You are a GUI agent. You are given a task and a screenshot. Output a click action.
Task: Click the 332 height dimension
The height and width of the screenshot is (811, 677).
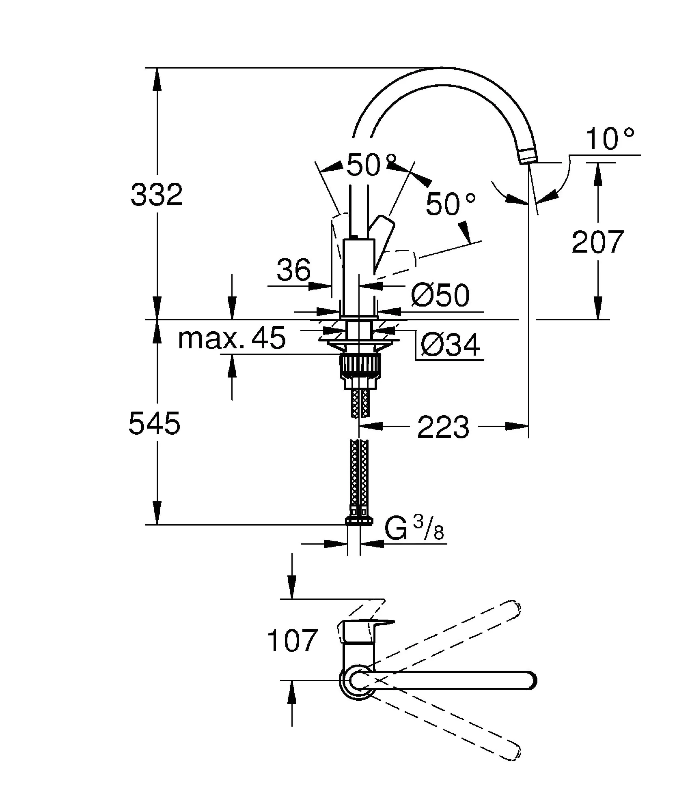point(157,195)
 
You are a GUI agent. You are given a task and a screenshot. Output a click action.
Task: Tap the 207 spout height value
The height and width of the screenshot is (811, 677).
point(597,242)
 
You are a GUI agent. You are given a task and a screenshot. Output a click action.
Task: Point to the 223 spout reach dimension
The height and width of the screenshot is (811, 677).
point(443,427)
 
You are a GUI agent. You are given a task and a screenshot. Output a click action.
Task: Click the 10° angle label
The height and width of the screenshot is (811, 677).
point(609,139)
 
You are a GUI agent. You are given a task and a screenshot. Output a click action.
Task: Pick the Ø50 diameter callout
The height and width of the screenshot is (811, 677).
point(440,295)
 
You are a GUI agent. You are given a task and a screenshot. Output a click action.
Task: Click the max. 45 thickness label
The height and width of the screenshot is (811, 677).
point(232,339)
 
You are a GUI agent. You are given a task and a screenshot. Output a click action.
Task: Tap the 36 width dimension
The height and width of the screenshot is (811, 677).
point(293,270)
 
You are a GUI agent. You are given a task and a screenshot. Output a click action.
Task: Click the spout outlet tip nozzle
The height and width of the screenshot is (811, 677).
point(527,155)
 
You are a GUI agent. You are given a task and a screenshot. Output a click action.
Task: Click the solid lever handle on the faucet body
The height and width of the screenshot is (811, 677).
point(384,239)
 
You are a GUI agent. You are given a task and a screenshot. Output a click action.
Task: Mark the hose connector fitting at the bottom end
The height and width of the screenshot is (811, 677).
point(359,521)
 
